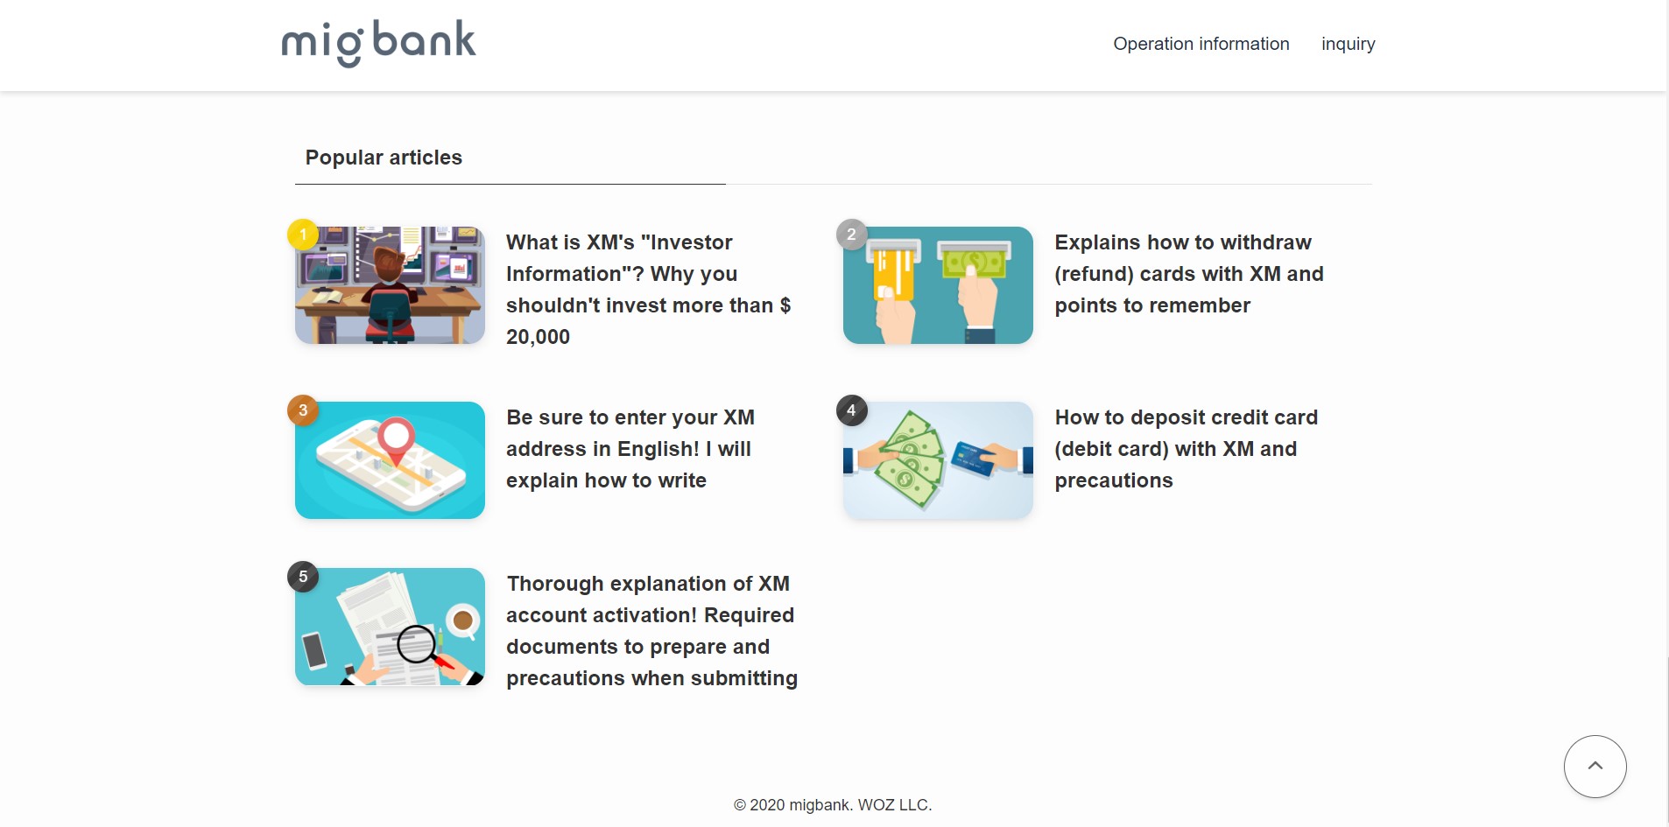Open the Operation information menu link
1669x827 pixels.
click(1201, 44)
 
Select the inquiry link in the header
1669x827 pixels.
click(1349, 45)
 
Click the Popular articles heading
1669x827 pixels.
click(384, 158)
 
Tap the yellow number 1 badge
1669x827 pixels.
click(303, 235)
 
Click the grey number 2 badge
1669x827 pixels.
click(851, 235)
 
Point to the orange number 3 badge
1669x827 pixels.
click(303, 410)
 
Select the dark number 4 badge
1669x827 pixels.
click(851, 410)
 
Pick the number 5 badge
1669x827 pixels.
click(303, 576)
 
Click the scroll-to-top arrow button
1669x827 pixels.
click(1595, 767)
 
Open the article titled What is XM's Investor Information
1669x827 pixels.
click(648, 290)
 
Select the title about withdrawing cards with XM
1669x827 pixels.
click(1189, 274)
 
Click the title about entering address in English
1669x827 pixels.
click(630, 449)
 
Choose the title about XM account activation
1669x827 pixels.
click(651, 631)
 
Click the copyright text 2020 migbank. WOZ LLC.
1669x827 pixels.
click(833, 805)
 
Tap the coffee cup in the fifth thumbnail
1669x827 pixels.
click(462, 620)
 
